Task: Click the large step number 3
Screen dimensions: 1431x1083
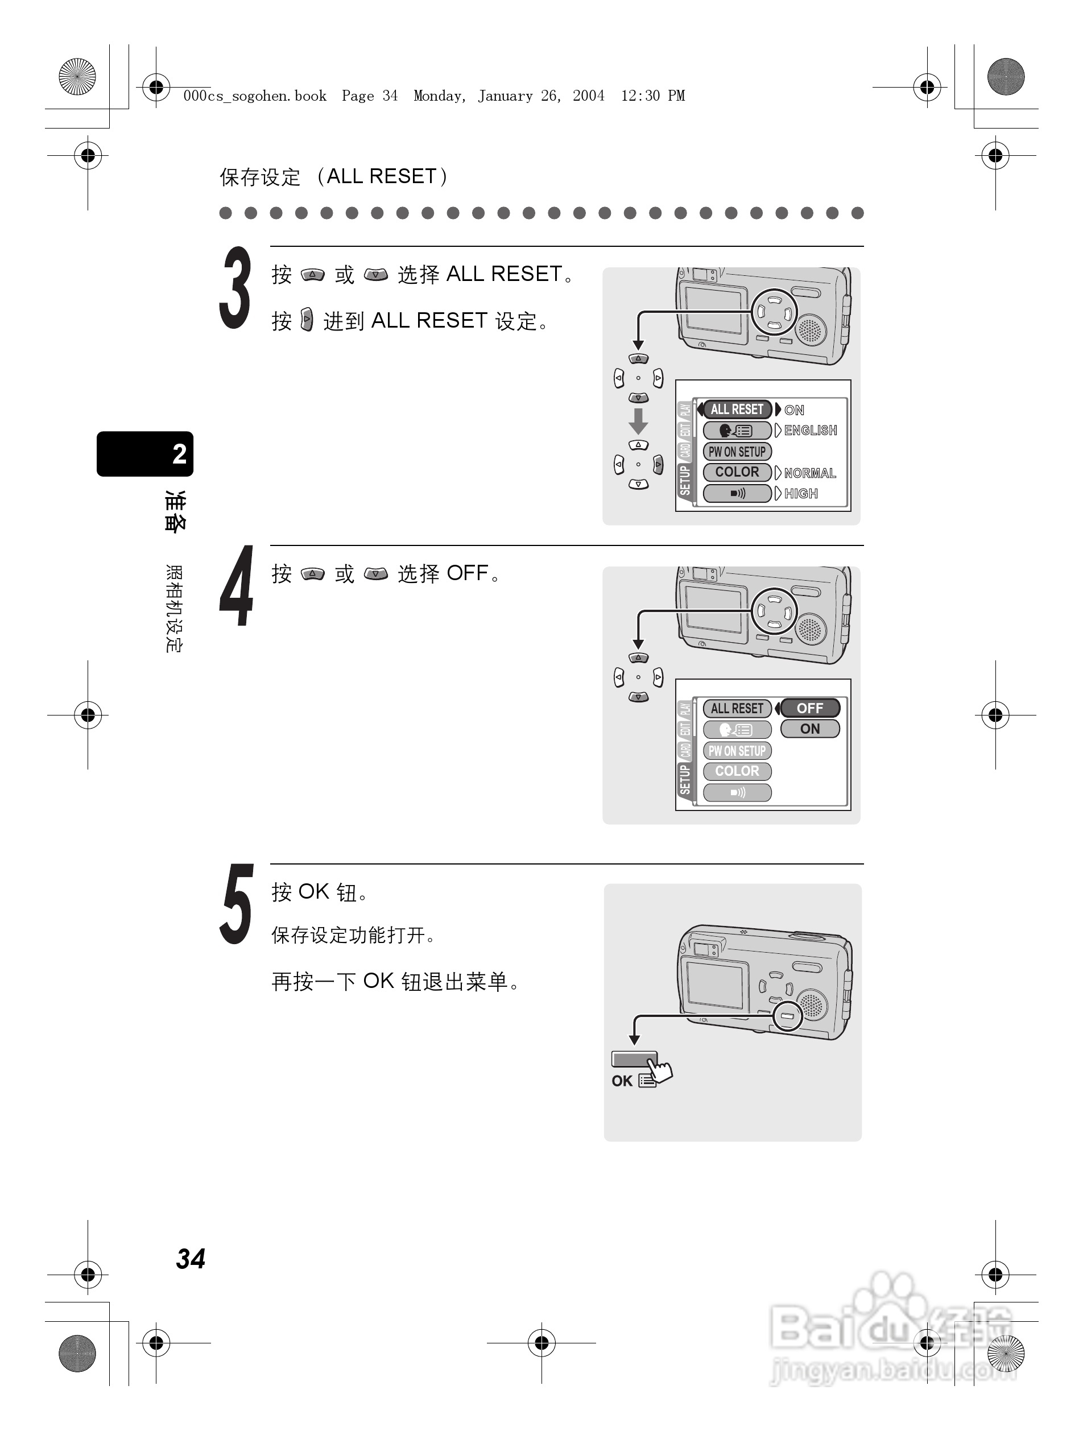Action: [x=235, y=288]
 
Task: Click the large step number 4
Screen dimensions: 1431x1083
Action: [x=236, y=586]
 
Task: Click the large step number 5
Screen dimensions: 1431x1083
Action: [x=235, y=904]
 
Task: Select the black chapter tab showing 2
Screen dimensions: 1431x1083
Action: [x=146, y=453]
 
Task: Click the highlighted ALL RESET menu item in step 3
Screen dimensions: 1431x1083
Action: [x=737, y=410]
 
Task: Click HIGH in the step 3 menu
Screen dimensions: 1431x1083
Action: [x=801, y=494]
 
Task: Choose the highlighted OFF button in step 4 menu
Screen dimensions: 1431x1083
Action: [x=810, y=708]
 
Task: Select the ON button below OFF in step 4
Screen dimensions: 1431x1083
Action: [x=810, y=729]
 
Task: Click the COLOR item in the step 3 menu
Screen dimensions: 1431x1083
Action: [x=737, y=472]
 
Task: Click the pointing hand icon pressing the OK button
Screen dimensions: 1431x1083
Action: [x=660, y=1070]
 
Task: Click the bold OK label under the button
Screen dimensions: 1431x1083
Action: [x=622, y=1081]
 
